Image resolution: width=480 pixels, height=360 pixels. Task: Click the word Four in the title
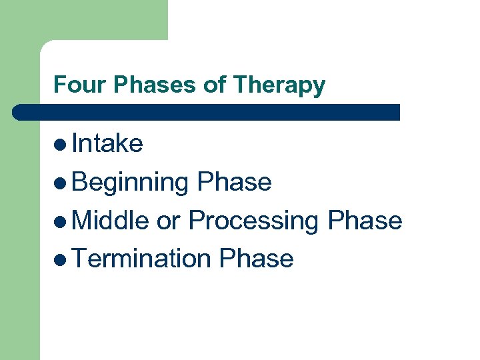[71, 85]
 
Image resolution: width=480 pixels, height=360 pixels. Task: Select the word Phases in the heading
[137, 85]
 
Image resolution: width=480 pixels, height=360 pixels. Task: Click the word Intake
[107, 143]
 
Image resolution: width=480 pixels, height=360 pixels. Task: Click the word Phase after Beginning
[235, 182]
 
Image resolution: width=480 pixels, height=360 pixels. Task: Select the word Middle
[110, 220]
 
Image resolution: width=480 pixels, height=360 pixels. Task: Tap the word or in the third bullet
[169, 221]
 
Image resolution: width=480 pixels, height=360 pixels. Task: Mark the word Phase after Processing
[365, 220]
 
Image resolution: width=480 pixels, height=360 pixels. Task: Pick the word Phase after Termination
[257, 259]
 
